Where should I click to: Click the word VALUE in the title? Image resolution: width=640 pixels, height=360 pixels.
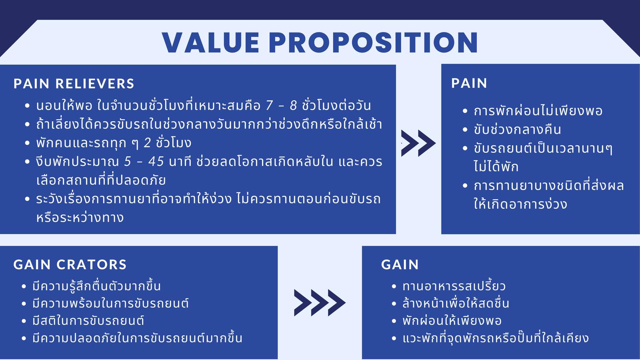pyautogui.click(x=210, y=42)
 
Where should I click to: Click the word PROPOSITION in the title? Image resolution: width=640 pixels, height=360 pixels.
pyautogui.click(x=374, y=42)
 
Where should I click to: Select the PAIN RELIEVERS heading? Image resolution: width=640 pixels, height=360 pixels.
pyautogui.click(x=74, y=84)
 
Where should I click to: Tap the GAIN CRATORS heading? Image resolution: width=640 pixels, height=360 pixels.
pyautogui.click(x=70, y=264)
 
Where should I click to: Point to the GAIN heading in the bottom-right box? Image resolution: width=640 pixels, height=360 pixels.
pyautogui.click(x=400, y=264)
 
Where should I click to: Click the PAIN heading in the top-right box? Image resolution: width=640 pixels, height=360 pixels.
pyautogui.click(x=469, y=84)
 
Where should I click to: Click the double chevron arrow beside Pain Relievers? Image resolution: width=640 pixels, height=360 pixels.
pyautogui.click(x=418, y=143)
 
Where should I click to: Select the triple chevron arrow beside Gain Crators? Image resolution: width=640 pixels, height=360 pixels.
pyautogui.click(x=320, y=303)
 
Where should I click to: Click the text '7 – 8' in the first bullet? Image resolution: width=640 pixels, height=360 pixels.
pyautogui.click(x=282, y=106)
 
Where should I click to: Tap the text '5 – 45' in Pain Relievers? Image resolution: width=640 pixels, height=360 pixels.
pyautogui.click(x=144, y=162)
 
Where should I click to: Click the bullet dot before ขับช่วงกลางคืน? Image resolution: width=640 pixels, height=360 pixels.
pyautogui.click(x=465, y=130)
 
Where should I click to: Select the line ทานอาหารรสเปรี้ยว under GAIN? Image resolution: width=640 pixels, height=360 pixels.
pyautogui.click(x=454, y=286)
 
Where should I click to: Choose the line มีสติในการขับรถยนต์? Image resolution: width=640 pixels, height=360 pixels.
pyautogui.click(x=88, y=321)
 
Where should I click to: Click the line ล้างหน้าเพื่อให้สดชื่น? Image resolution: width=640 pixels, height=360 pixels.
pyautogui.click(x=456, y=304)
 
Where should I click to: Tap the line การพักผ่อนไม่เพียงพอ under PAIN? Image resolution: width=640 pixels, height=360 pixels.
pyautogui.click(x=538, y=111)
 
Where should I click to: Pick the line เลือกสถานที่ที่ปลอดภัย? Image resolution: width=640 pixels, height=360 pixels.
pyautogui.click(x=101, y=180)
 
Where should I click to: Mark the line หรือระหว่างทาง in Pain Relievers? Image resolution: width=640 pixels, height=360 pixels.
pyautogui.click(x=80, y=218)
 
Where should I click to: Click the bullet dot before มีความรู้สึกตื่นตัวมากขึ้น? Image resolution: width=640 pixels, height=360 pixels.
pyautogui.click(x=24, y=286)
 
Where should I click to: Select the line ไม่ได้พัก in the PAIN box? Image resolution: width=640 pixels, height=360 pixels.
pyautogui.click(x=496, y=166)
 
